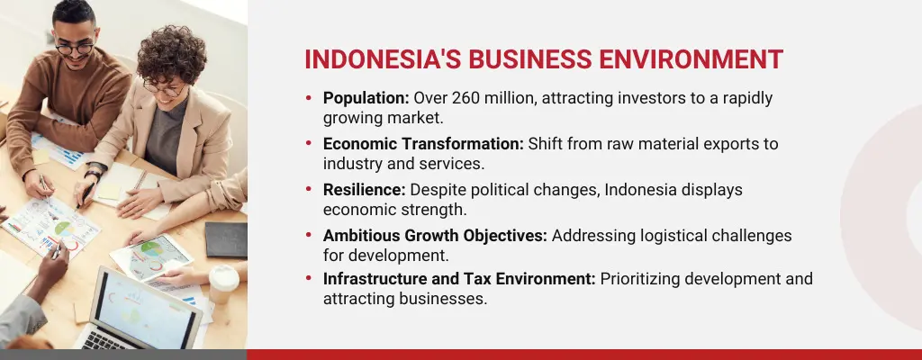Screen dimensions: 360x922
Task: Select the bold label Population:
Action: tap(366, 98)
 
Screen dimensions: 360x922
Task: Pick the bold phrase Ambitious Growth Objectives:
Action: tap(435, 236)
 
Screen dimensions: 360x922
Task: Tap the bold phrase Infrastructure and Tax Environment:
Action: tap(459, 280)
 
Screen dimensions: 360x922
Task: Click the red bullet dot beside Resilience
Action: tap(310, 190)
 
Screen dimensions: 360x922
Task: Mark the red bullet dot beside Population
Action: tap(310, 98)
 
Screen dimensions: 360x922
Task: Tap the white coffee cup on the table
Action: tap(223, 283)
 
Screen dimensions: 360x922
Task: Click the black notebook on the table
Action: tap(225, 239)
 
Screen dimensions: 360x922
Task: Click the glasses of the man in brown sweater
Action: tap(74, 45)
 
